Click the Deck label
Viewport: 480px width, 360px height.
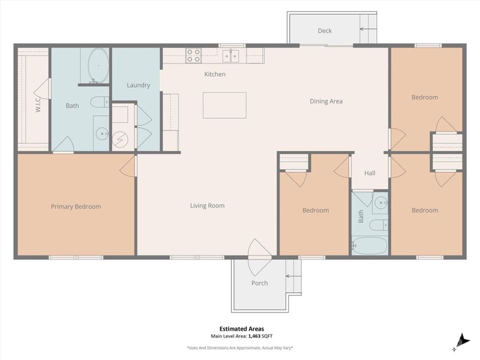325,31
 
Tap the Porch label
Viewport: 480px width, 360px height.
260,283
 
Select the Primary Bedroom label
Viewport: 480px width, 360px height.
76,206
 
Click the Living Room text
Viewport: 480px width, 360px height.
207,206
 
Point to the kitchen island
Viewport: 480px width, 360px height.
224,105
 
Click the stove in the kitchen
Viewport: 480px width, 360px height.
193,56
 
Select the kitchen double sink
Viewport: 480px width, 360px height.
231,56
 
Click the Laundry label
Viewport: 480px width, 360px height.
138,85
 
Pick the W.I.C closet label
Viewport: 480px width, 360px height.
37,106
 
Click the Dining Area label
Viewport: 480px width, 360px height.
326,101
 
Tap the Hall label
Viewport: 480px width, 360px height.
370,173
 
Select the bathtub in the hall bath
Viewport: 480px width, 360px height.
370,245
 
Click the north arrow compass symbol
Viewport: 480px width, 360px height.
461,340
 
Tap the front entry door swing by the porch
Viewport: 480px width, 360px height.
260,249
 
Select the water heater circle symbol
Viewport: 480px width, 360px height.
120,139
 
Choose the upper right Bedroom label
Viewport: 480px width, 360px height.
424,97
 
